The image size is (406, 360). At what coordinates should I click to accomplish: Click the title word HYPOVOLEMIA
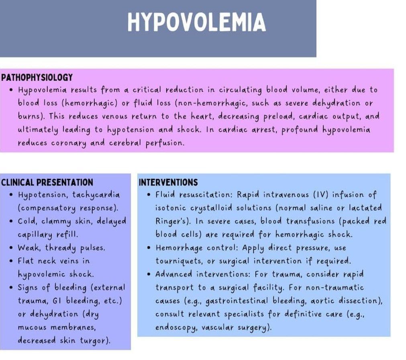click(196, 22)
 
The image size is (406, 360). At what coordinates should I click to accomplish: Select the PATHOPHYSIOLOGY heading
click(37, 78)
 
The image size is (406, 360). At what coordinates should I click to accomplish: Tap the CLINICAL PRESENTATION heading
click(47, 182)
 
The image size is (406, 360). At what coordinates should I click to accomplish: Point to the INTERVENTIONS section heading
click(168, 182)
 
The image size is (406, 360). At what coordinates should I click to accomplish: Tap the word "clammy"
click(60, 221)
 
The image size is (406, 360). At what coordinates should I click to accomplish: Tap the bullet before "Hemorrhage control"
click(149, 248)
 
